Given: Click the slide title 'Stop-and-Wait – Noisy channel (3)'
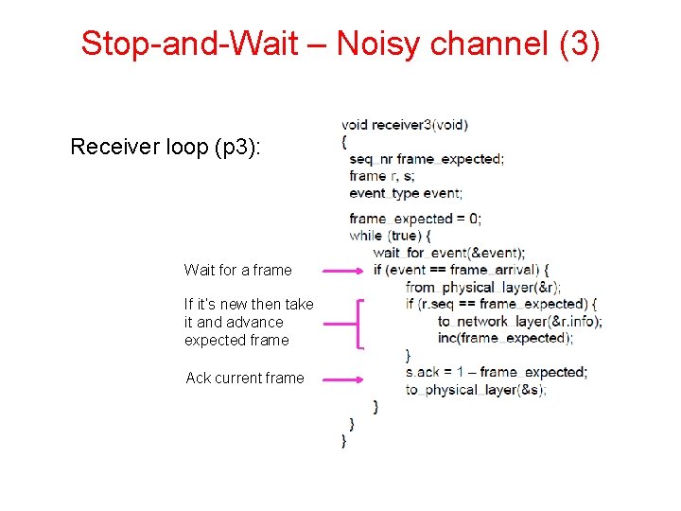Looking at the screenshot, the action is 340,44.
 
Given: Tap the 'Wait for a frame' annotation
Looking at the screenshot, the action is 237,270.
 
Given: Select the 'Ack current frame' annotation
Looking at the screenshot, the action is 245,378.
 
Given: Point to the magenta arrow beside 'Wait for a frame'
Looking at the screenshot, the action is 341,270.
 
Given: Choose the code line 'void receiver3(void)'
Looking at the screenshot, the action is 404,124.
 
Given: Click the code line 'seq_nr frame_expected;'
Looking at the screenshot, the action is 426,159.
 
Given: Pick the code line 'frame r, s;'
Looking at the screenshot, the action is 381,176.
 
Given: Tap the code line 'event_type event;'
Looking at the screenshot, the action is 405,193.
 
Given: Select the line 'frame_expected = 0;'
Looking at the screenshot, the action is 414,219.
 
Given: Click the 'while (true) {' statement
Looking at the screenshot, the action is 390,236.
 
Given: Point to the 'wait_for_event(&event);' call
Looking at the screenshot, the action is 448,253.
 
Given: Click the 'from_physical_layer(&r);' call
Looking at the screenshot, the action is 482,287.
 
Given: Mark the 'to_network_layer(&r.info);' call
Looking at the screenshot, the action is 519,321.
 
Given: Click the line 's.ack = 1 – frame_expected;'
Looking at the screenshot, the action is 496,372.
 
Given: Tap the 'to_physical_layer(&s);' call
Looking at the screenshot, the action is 476,389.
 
